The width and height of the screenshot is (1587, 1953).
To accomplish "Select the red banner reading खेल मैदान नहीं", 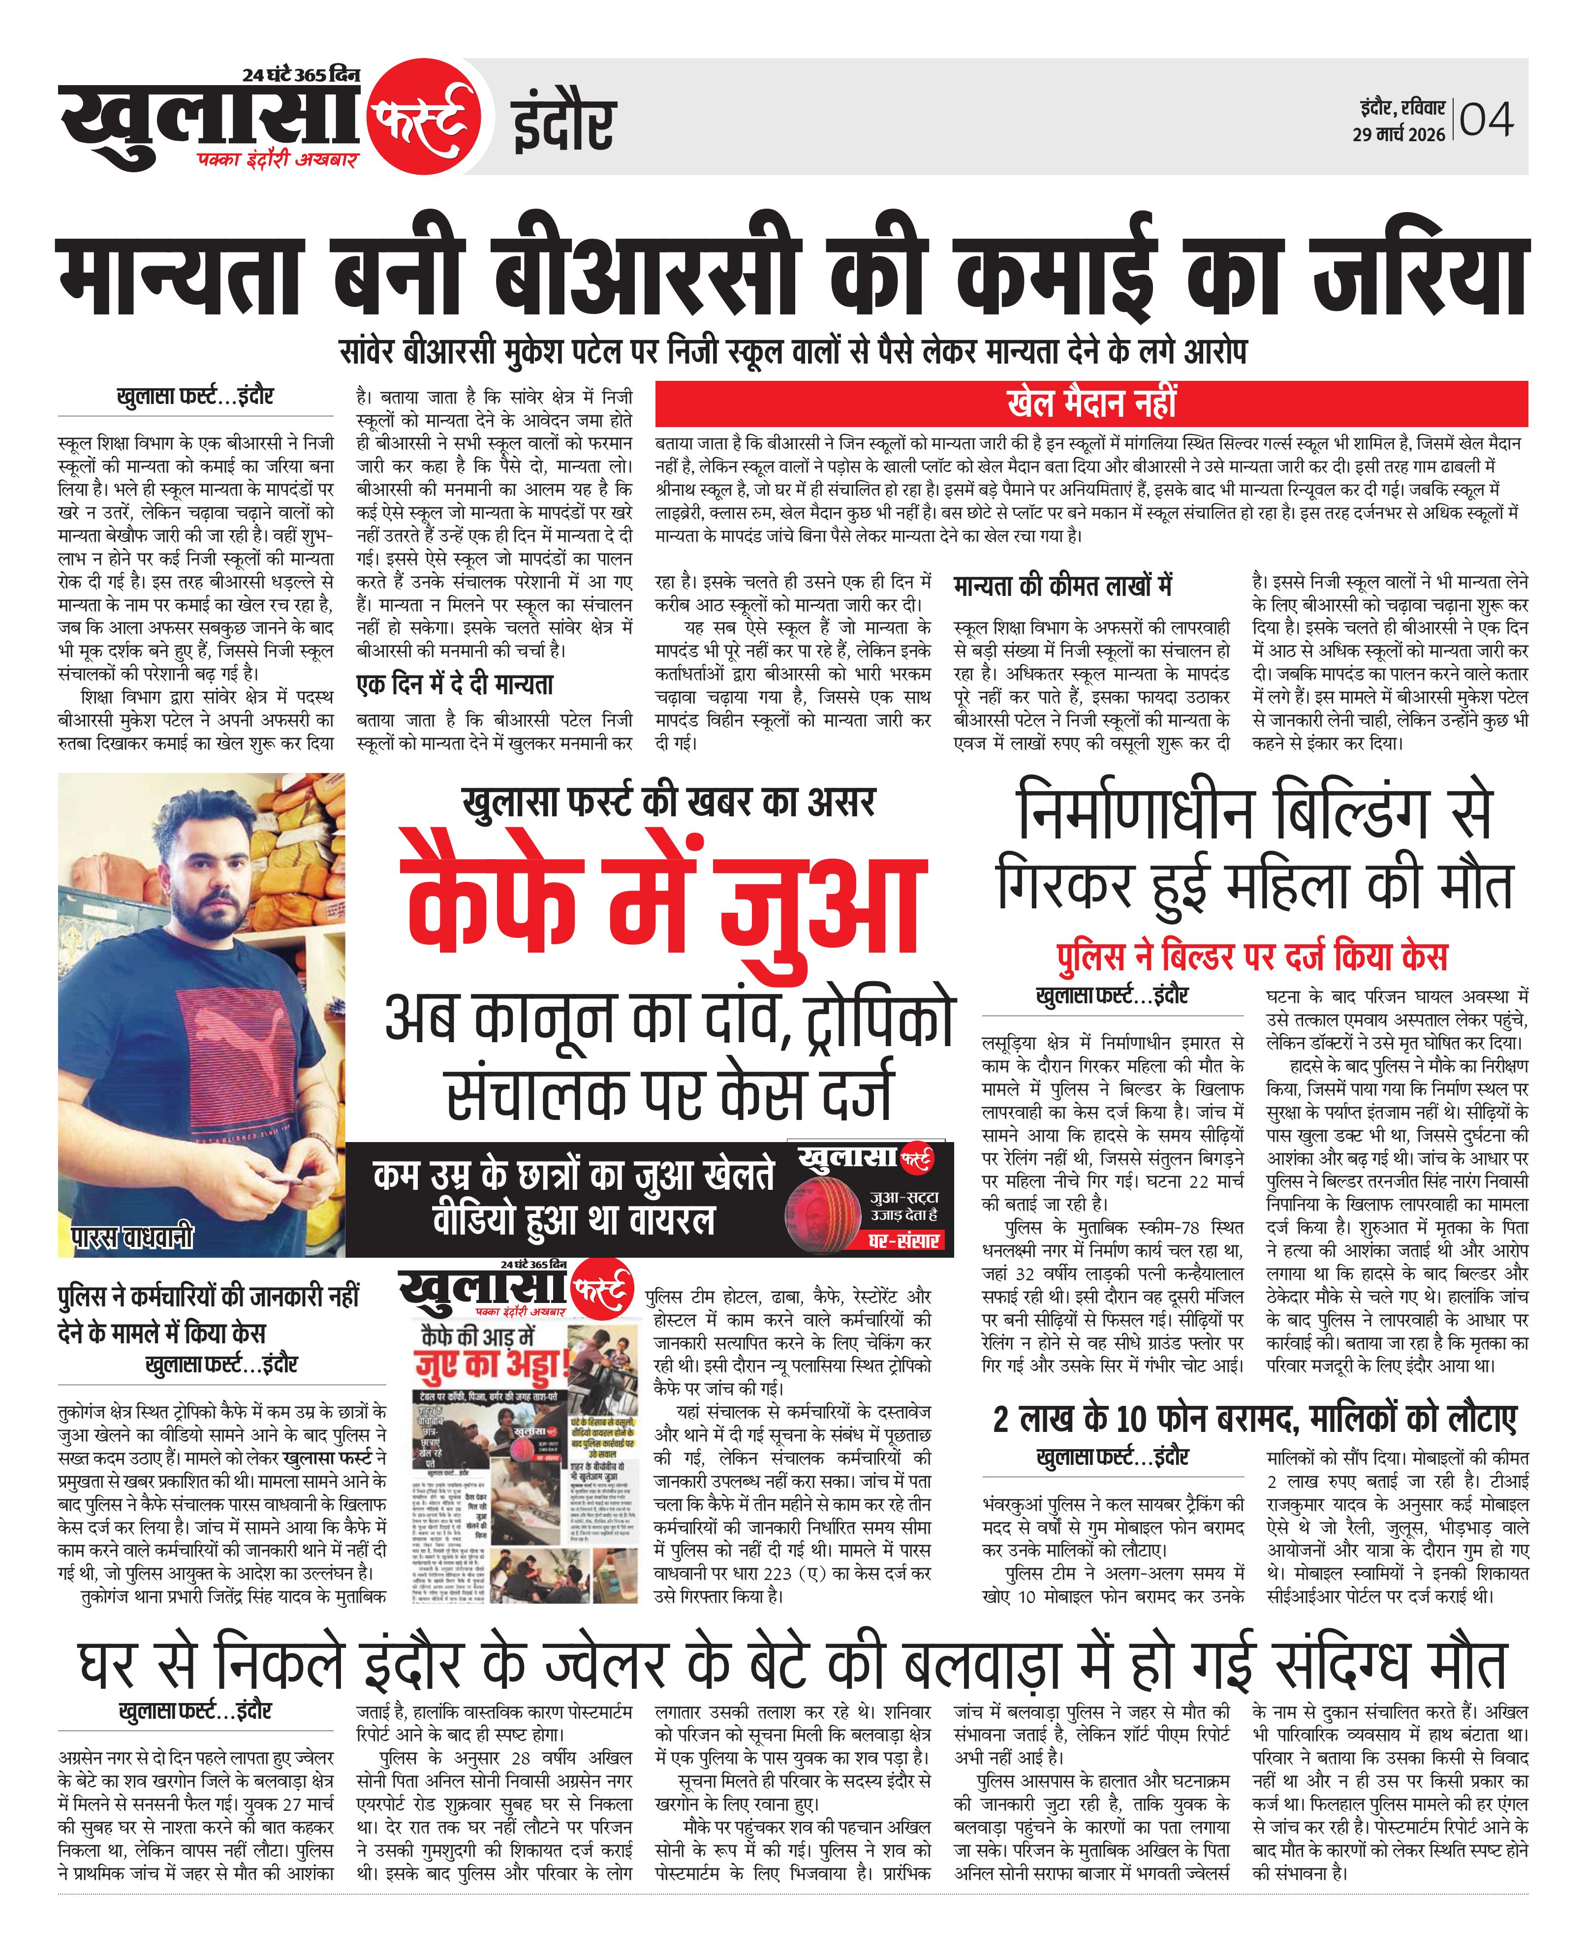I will [1091, 402].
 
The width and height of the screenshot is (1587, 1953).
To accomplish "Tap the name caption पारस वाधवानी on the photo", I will [132, 1238].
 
